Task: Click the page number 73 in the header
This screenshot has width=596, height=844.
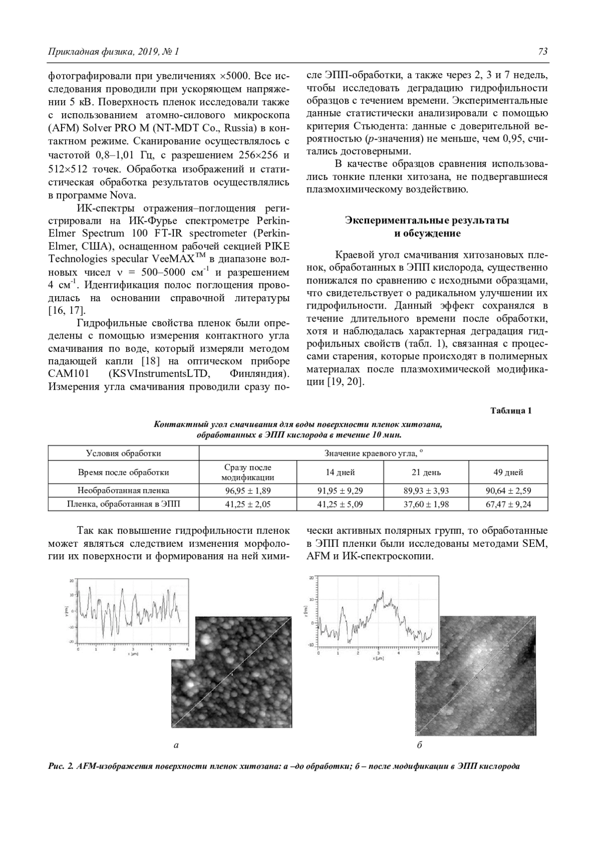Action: [542, 52]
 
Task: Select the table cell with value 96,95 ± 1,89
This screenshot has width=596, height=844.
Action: [247, 491]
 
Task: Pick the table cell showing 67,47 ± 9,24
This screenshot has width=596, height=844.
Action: [508, 505]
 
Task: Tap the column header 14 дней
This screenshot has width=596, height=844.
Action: [340, 472]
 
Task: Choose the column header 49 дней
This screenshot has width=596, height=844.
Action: [508, 472]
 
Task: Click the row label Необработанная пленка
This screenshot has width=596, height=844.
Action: [123, 491]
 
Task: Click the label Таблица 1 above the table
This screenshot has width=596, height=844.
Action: [511, 411]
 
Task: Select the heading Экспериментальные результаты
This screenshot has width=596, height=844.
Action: [427, 220]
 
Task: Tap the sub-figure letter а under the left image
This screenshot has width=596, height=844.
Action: [175, 745]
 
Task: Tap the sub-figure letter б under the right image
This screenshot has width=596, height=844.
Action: [420, 745]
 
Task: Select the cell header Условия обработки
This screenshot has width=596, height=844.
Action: [123, 453]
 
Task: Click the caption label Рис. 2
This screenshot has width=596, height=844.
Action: [61, 766]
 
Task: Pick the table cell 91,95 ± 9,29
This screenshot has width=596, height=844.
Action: [340, 491]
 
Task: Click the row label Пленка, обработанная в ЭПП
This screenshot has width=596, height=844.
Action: [123, 505]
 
